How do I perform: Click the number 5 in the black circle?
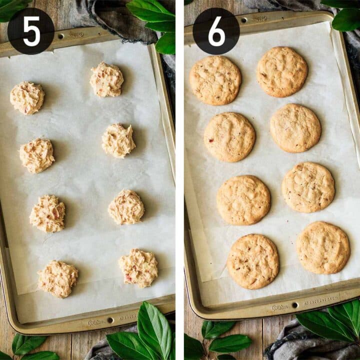(x=30, y=31)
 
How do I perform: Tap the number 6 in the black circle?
(x=216, y=31)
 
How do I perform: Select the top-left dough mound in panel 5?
(x=27, y=98)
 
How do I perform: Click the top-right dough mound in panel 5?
(x=106, y=79)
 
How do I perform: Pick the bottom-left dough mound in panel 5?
(x=58, y=278)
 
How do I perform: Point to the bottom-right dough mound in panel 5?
(x=138, y=268)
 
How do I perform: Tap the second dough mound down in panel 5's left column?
(x=37, y=155)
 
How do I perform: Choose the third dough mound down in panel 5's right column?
(x=126, y=207)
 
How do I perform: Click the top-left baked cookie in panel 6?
(x=215, y=80)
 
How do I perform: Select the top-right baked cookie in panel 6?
(x=282, y=71)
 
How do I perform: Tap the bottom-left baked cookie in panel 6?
(x=253, y=261)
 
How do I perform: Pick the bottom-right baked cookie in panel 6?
(x=323, y=247)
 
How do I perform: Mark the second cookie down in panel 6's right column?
(x=295, y=128)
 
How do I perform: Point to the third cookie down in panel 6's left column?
(x=243, y=200)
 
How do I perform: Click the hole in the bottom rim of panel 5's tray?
(x=110, y=320)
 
